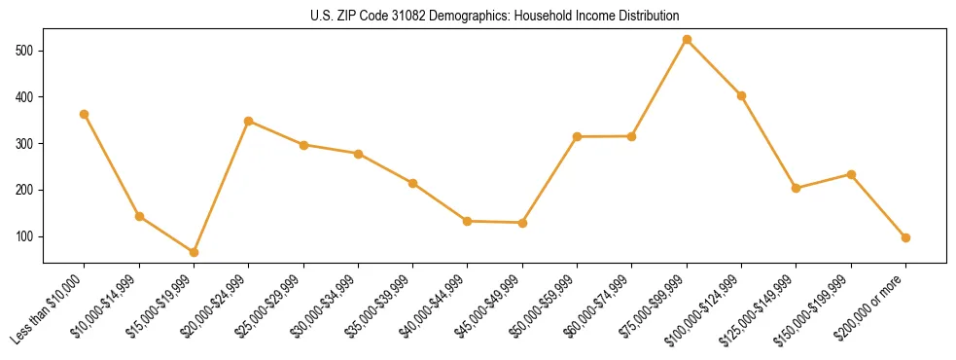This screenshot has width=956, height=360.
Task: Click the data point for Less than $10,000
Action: coord(85,114)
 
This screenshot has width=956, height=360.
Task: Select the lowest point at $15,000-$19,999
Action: coord(194,252)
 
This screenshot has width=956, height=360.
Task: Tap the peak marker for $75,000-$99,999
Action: coord(687,40)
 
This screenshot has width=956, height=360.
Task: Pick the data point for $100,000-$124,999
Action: coord(741,95)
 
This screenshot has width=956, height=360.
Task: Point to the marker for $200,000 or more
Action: coord(905,237)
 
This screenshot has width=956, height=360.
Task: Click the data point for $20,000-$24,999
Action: coord(249,121)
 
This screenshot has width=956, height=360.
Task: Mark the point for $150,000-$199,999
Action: coord(851,174)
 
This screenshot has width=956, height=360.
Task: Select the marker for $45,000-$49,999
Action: coord(522,223)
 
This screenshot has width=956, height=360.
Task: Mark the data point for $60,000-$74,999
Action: coord(632,136)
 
